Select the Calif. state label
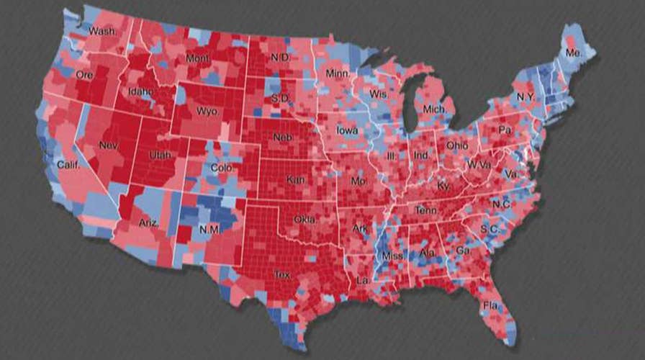[x=63, y=164]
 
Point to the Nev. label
[x=109, y=145]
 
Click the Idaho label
[x=141, y=91]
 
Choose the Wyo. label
[x=209, y=111]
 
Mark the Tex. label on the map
[x=282, y=274]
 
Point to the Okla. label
[x=305, y=219]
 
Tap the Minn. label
[x=338, y=74]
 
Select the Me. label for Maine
[x=573, y=53]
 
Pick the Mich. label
[x=435, y=109]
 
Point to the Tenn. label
[x=425, y=210]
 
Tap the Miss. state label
[x=392, y=255]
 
